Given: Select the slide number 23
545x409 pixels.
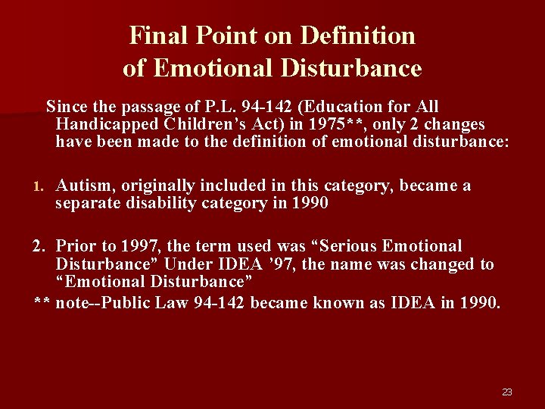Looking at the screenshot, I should [x=507, y=392].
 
